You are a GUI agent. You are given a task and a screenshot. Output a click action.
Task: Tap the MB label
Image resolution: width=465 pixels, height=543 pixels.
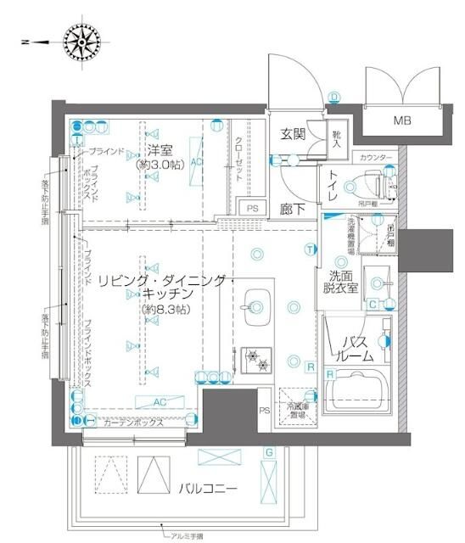[402, 121]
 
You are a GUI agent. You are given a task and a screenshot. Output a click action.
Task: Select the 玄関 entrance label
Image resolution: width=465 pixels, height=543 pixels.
[294, 134]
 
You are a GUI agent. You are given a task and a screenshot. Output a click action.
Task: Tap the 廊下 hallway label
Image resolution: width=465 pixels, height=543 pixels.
[294, 209]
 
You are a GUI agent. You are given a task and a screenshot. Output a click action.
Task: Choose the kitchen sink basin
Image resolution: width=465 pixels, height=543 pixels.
[255, 300]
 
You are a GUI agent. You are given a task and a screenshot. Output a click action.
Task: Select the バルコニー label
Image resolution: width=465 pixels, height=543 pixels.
[208, 489]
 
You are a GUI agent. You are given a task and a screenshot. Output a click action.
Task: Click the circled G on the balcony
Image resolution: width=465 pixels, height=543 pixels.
[268, 452]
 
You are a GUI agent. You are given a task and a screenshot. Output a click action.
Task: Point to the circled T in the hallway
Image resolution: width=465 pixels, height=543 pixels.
[311, 249]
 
